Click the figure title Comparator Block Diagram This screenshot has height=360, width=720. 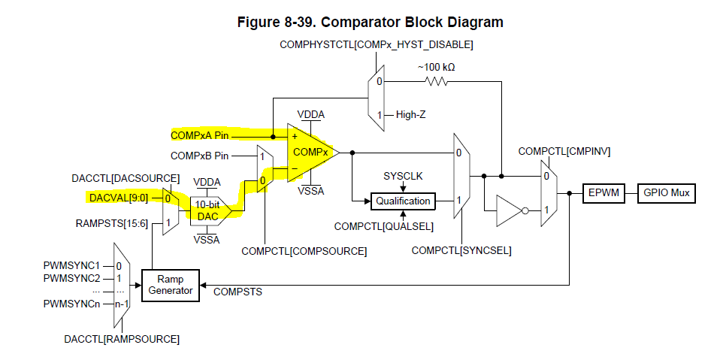click(x=370, y=23)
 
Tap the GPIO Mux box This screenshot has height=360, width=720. click(x=666, y=194)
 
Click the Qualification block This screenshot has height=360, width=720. click(x=403, y=201)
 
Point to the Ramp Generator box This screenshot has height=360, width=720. click(x=171, y=285)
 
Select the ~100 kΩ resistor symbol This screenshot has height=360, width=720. click(x=437, y=80)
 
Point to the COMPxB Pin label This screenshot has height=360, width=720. click(x=200, y=156)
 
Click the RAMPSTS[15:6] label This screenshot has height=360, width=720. click(x=112, y=223)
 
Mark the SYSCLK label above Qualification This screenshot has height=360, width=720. click(x=403, y=175)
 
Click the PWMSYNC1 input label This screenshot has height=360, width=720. click(x=72, y=265)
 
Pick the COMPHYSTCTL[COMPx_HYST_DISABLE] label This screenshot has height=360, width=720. click(x=376, y=45)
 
